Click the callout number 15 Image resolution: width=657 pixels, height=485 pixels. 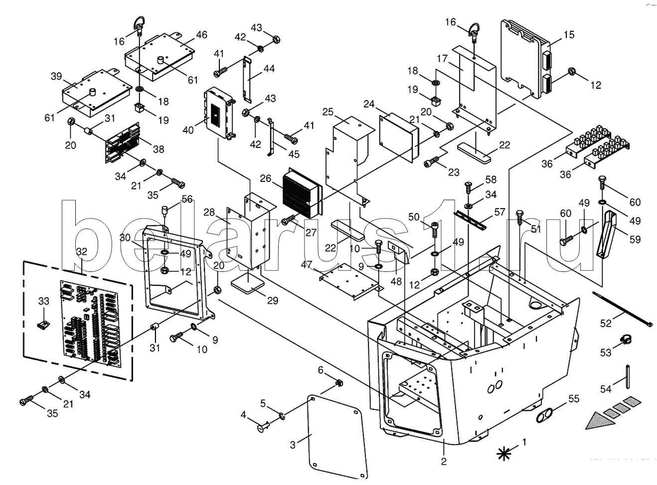(x=569, y=34)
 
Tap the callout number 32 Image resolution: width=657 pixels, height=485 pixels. (x=82, y=251)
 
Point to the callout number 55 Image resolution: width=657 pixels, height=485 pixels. (x=574, y=398)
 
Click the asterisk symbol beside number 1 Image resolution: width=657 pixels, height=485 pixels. (x=504, y=453)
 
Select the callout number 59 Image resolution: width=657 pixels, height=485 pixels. (x=635, y=239)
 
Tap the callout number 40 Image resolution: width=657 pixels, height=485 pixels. (x=188, y=130)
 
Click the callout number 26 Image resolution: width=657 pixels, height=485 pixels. (x=265, y=178)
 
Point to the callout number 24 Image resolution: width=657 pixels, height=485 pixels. (x=369, y=104)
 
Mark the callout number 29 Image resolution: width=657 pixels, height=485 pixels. (x=272, y=301)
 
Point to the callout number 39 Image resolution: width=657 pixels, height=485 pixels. (x=56, y=76)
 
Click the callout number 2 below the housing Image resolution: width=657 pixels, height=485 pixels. (x=444, y=461)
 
